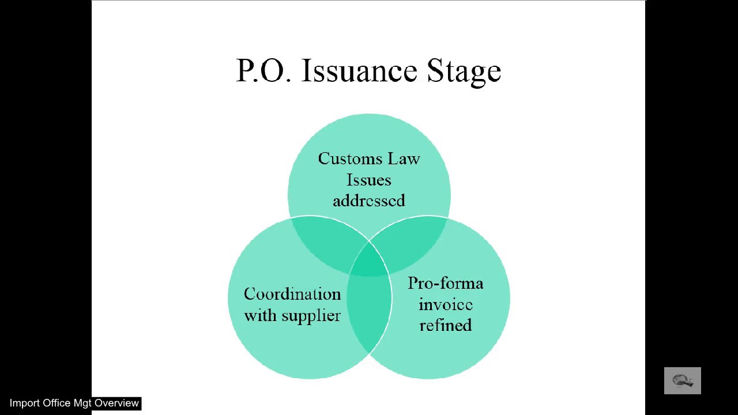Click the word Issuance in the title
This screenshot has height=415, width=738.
click(x=359, y=70)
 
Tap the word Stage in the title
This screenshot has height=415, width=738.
click(x=464, y=73)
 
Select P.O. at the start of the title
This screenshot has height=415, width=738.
click(x=264, y=70)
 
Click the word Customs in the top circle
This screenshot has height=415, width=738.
click(x=350, y=159)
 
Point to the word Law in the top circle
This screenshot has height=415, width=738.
click(x=404, y=159)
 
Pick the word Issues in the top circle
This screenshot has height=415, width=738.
click(x=368, y=180)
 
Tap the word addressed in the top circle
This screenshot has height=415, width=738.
click(x=369, y=201)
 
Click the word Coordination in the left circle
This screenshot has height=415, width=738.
click(x=292, y=294)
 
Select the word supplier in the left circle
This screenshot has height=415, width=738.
click(x=311, y=315)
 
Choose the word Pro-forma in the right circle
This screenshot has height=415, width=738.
click(x=446, y=283)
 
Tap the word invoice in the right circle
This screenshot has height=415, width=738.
click(x=446, y=304)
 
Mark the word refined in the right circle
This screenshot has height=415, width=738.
click(x=446, y=325)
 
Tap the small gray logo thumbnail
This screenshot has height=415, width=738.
click(x=682, y=380)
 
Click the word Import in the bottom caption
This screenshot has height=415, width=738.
click(x=24, y=403)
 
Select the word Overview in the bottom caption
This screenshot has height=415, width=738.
click(x=116, y=403)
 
